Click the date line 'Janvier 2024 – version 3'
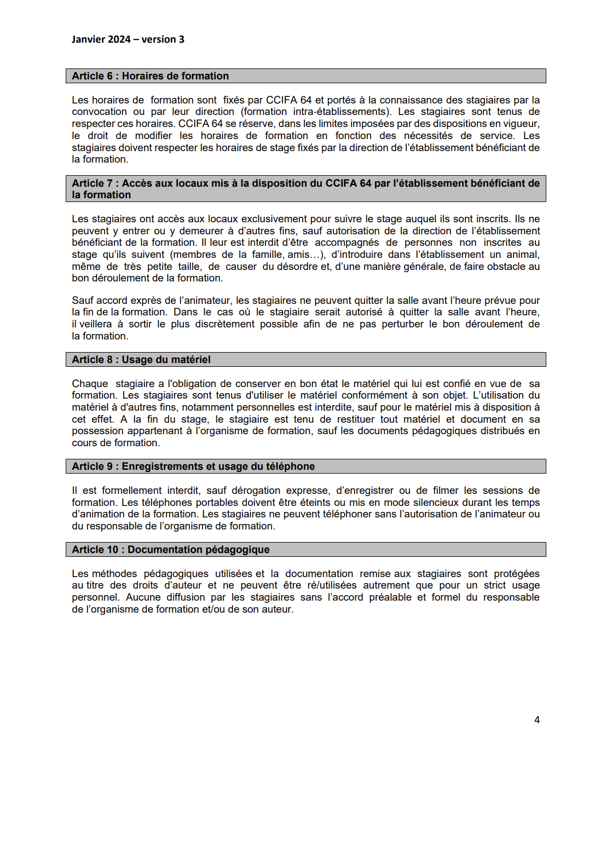[x=128, y=39]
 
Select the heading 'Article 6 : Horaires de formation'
[x=151, y=76]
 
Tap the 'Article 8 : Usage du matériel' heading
[x=141, y=360]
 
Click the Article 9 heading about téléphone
[x=193, y=466]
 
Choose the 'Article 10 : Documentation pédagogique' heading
[x=171, y=550]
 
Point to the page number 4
[x=537, y=720]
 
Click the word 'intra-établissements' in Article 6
[x=340, y=112]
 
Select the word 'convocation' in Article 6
[x=99, y=112]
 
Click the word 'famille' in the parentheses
[x=268, y=255]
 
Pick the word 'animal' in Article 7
[x=523, y=255]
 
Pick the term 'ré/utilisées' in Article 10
[x=332, y=585]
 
